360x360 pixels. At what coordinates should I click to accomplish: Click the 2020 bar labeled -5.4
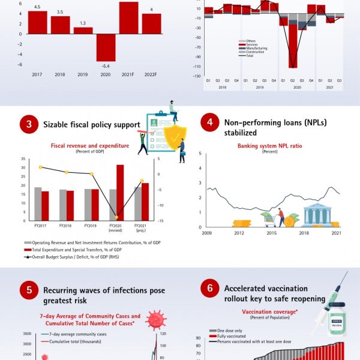[x=106, y=47]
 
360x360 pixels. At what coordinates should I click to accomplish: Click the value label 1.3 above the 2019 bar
[x=83, y=23]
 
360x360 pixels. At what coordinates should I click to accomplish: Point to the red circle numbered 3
[x=28, y=125]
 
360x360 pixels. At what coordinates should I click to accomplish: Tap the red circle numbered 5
[x=28, y=291]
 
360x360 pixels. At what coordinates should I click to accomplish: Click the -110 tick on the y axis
[x=197, y=67]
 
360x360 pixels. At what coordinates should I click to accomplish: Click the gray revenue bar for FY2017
[x=38, y=203]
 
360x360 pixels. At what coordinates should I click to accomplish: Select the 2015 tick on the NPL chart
[x=272, y=233]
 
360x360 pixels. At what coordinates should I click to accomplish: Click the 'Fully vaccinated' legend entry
[x=227, y=336]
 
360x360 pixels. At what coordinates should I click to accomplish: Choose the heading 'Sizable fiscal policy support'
[x=91, y=125]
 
